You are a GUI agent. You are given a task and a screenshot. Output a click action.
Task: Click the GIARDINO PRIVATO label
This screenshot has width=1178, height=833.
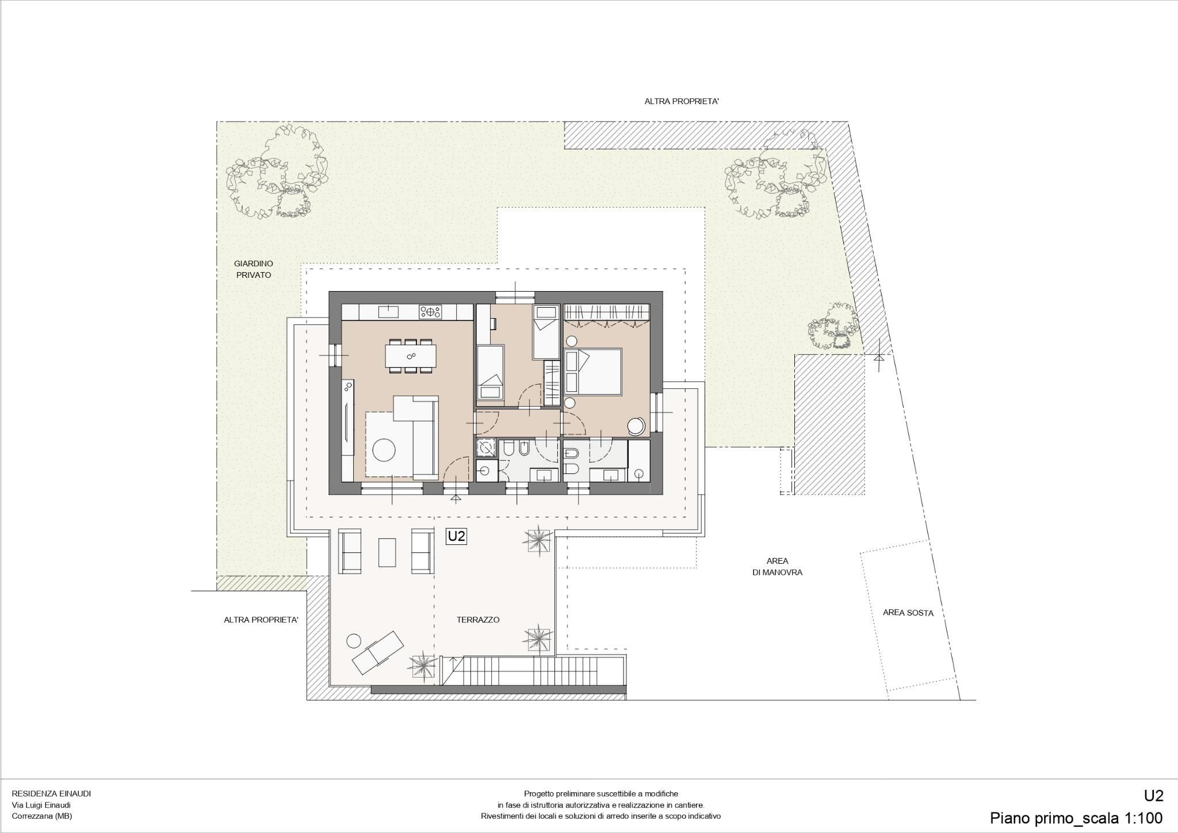pos(253,269)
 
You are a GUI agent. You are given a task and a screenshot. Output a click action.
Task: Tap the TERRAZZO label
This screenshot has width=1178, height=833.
pos(478,620)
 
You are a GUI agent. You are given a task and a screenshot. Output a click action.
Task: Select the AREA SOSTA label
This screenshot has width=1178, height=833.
pos(908,613)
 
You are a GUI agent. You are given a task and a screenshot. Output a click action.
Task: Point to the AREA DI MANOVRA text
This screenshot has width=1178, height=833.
pos(777,567)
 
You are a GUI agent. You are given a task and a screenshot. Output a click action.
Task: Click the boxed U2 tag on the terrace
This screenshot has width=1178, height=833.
pos(456,536)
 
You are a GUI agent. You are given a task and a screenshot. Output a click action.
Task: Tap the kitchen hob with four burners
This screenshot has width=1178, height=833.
pos(430,312)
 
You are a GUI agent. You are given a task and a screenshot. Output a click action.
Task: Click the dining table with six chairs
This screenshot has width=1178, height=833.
pos(411,356)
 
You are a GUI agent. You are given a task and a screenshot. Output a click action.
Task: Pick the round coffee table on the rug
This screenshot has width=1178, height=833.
pos(384,449)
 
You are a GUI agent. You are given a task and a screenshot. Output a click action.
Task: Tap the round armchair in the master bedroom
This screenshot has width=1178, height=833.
pos(637,426)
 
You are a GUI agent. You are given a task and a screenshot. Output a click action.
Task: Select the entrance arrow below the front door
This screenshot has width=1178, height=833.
pos(456,498)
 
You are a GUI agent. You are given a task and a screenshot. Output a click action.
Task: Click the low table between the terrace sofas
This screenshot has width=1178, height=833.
pos(387,552)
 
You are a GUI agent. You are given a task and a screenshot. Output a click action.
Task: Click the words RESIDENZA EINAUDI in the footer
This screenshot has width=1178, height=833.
pos(51,793)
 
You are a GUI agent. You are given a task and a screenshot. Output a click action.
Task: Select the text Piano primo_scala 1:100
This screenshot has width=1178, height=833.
pos(1076,817)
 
